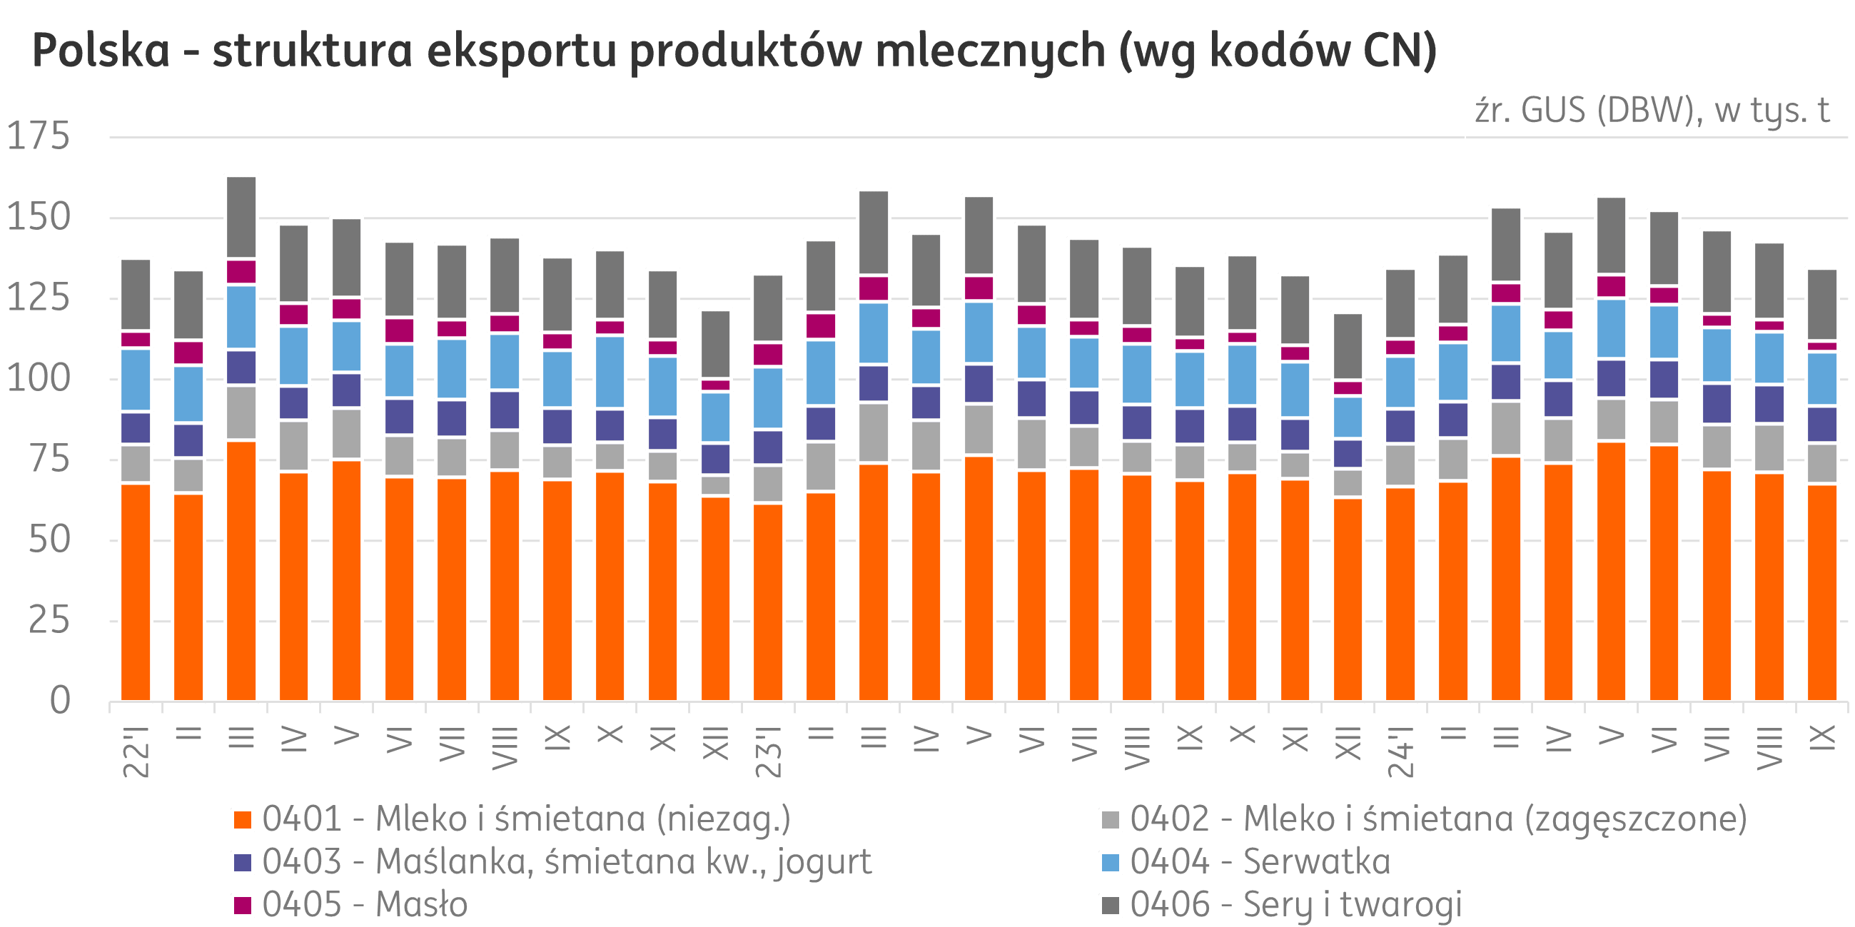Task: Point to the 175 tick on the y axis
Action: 39,137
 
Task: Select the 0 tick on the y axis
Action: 60,700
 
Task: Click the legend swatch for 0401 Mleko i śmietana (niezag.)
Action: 243,821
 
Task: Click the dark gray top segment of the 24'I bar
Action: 1400,303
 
